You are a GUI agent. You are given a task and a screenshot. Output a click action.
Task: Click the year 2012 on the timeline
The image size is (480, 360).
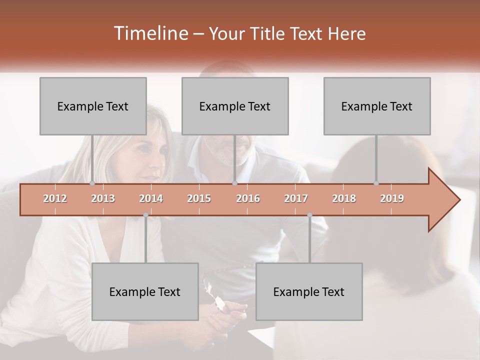coord(55,198)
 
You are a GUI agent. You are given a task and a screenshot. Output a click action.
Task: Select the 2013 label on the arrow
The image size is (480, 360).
coord(103,198)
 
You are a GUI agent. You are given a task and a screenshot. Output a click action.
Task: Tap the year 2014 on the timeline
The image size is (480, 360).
coord(151,198)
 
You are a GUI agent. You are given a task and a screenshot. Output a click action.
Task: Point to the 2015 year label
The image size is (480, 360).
coord(199,198)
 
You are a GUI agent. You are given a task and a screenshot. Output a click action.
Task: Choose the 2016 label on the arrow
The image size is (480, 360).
coord(248,198)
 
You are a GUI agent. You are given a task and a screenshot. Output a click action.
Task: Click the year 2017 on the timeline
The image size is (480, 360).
coord(296,198)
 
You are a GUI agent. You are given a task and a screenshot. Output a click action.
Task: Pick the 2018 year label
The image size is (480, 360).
coord(344,198)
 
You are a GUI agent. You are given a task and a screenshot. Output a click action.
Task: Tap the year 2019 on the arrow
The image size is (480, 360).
coord(392,198)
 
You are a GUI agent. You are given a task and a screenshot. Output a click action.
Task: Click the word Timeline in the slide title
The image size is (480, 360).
coord(149,33)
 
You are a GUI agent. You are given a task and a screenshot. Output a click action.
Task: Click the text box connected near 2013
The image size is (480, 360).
coord(93,106)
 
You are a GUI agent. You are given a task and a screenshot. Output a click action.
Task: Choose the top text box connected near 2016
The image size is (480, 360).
coord(235,106)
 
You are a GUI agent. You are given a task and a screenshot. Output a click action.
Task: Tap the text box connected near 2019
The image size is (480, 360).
coord(377,106)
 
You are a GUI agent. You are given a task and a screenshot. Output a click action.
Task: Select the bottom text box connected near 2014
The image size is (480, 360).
coord(145,291)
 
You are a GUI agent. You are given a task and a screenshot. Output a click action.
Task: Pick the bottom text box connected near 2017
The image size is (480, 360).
coord(309,291)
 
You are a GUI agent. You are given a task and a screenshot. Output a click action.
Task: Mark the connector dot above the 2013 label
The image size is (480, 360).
coord(92,183)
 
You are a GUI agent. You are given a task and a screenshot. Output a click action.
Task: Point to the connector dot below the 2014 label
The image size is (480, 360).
coord(145,215)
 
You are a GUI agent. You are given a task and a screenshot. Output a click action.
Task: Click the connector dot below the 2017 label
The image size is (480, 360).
coord(309,215)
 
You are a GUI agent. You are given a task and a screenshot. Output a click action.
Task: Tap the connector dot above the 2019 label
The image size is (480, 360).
coord(376,183)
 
